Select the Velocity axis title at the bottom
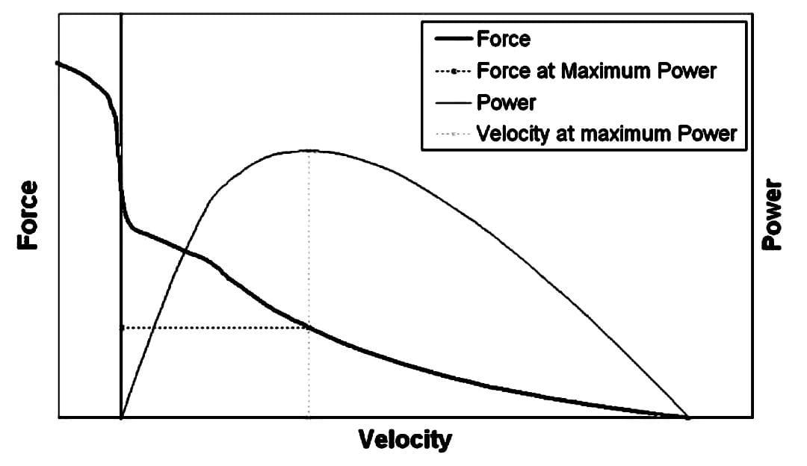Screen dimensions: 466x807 point(406,439)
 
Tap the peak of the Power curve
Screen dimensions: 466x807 point(309,151)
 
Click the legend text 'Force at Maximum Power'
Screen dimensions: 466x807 point(596,71)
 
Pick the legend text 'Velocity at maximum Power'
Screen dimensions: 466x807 point(606,134)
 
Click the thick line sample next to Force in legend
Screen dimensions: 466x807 point(450,39)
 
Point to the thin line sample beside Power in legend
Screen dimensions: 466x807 point(450,102)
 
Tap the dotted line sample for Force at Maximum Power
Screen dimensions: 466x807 point(450,71)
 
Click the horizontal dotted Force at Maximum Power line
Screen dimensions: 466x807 point(213,327)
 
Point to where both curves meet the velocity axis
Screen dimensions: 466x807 point(687,417)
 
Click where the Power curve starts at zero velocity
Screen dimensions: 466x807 point(122,416)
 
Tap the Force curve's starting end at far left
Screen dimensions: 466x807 point(58,63)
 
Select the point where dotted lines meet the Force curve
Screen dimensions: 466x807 point(309,327)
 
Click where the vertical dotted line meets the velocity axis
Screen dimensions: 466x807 point(309,417)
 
